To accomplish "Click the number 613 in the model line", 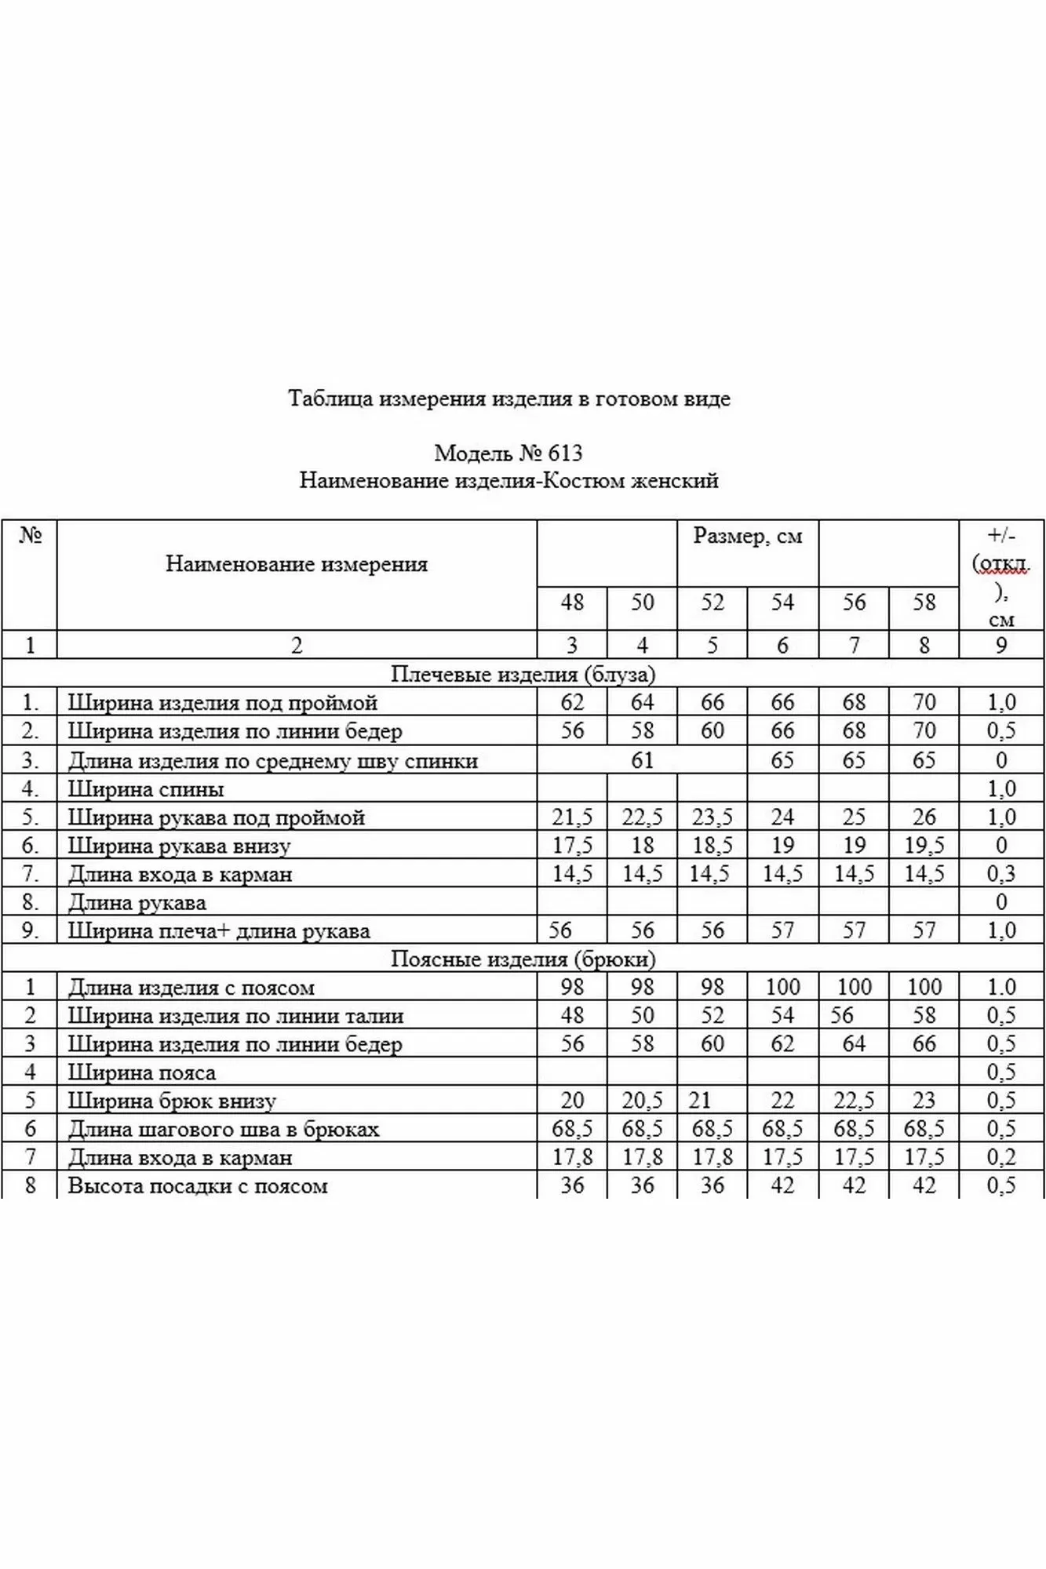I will pos(566,453).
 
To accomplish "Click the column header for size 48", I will pos(572,602).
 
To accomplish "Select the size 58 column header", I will pos(924,602).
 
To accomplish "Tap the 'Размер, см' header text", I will pos(747,537).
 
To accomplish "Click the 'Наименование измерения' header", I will pos(297,564).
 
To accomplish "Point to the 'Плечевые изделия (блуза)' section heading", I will pos(523,674).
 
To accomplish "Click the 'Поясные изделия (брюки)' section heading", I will pos(523,959).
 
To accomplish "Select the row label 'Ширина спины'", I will pos(146,789).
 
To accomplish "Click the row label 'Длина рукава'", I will pos(137,903).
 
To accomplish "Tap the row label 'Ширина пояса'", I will pos(142,1072).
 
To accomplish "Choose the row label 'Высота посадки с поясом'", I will pos(198,1186).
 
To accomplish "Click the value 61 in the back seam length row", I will pos(642,760).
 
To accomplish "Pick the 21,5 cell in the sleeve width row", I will pos(572,817).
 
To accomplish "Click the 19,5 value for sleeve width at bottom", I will pos(924,846).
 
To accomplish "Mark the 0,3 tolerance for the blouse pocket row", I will pos(1001,874).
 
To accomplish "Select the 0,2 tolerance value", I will pos(1001,1158).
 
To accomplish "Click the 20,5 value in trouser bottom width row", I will pos(642,1101).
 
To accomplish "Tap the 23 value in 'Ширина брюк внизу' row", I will pos(924,1101).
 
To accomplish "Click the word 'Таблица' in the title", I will pos(330,399).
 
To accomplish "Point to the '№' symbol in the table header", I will pos(30,536).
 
